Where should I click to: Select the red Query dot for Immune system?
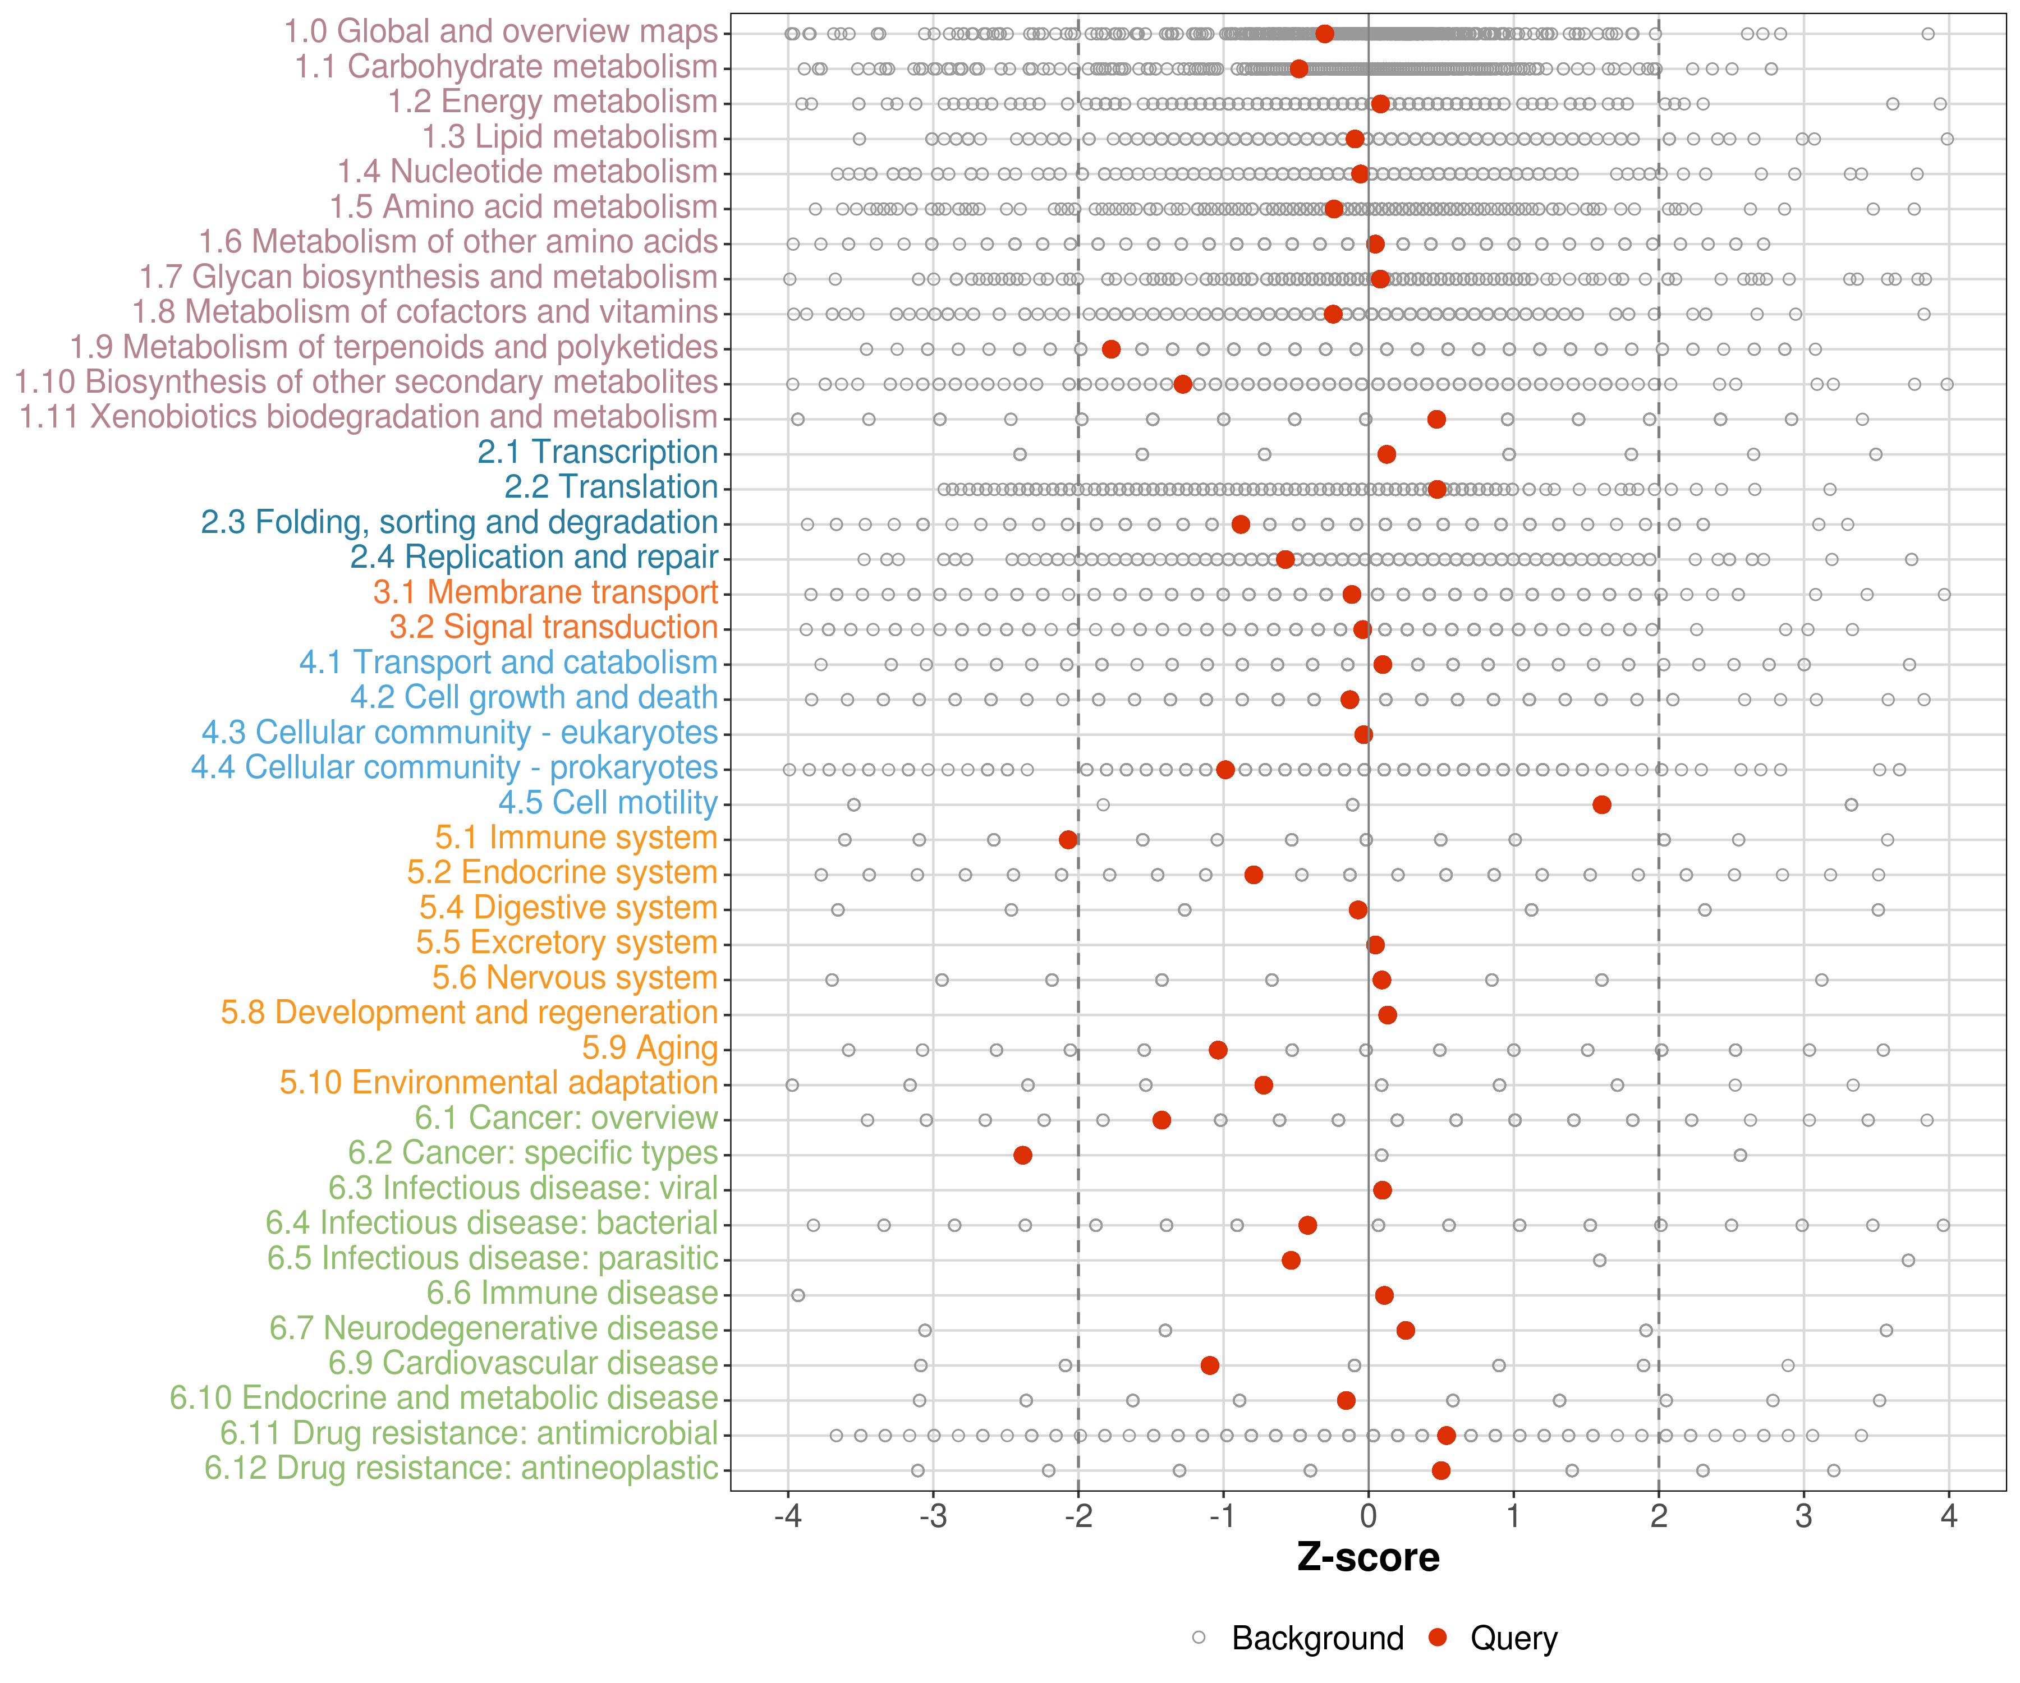click(x=1068, y=840)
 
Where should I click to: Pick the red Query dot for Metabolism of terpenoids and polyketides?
click(x=1111, y=349)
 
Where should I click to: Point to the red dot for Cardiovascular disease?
click(x=1210, y=1365)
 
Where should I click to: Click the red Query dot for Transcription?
click(x=1386, y=454)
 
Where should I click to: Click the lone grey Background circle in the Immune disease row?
click(x=797, y=1295)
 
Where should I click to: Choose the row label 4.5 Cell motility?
click(x=608, y=802)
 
